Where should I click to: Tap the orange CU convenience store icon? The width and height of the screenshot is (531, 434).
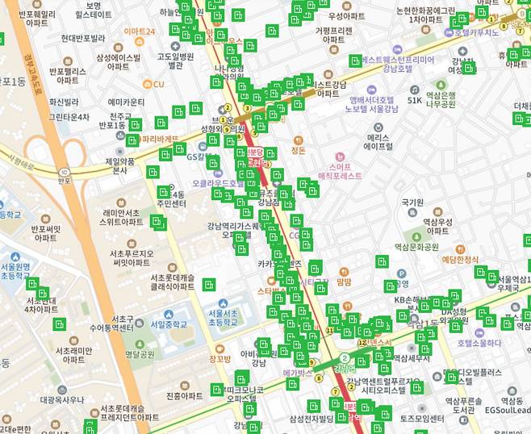click(148, 84)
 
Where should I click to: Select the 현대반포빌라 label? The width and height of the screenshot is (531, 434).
click(83, 38)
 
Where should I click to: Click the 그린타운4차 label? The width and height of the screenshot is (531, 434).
click(69, 117)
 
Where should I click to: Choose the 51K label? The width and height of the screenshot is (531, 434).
click(414, 100)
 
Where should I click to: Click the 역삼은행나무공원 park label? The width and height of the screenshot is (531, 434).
click(441, 99)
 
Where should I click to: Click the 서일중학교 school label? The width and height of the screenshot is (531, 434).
click(167, 324)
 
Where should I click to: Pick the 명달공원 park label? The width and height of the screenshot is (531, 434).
click(140, 353)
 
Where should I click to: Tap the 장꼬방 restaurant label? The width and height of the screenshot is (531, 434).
click(220, 359)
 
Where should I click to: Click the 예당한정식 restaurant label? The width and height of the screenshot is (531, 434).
click(461, 259)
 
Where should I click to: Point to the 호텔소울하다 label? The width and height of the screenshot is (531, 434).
click(479, 343)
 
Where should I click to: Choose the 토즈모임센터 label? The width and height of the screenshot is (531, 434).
click(422, 419)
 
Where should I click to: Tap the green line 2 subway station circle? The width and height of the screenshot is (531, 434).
click(344, 358)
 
